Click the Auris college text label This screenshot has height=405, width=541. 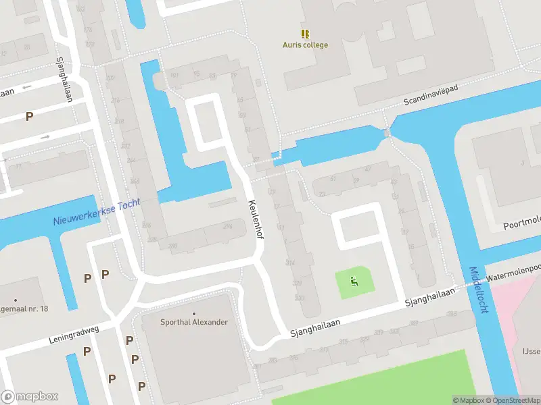coord(305,45)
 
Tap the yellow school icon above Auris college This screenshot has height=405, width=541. coord(305,33)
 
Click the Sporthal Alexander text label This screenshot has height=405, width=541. coord(194,322)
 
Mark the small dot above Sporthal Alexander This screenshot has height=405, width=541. coord(194,314)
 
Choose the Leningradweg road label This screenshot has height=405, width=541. coord(74,331)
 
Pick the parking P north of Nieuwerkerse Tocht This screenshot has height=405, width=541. coord(29,116)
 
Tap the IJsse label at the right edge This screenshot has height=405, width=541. coord(532,350)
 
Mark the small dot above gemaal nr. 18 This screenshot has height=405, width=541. coord(15,300)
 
